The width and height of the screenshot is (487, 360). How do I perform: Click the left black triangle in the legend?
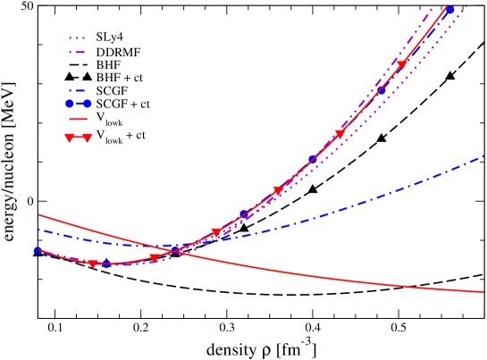point(70,78)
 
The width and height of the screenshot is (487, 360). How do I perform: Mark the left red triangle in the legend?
point(70,138)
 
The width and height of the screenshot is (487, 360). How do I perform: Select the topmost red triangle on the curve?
point(401,64)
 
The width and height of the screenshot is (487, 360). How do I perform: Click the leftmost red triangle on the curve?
point(92,264)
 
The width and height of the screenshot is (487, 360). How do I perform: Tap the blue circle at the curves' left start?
point(38,250)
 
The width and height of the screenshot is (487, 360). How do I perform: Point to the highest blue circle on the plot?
point(450,10)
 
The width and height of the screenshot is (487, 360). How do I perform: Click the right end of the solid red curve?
point(483,291)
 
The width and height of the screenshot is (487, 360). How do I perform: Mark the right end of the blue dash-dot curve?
point(483,156)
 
